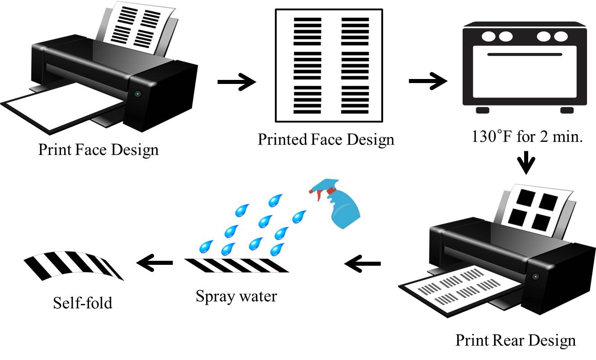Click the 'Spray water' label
point(236,296)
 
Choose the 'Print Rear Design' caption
point(515,340)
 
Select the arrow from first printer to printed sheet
point(236,82)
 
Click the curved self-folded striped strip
point(74,265)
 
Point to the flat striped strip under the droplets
point(236,265)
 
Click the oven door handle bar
point(524,54)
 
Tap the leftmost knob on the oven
point(487,36)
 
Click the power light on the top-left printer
point(137,94)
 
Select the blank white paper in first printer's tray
point(63,109)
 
